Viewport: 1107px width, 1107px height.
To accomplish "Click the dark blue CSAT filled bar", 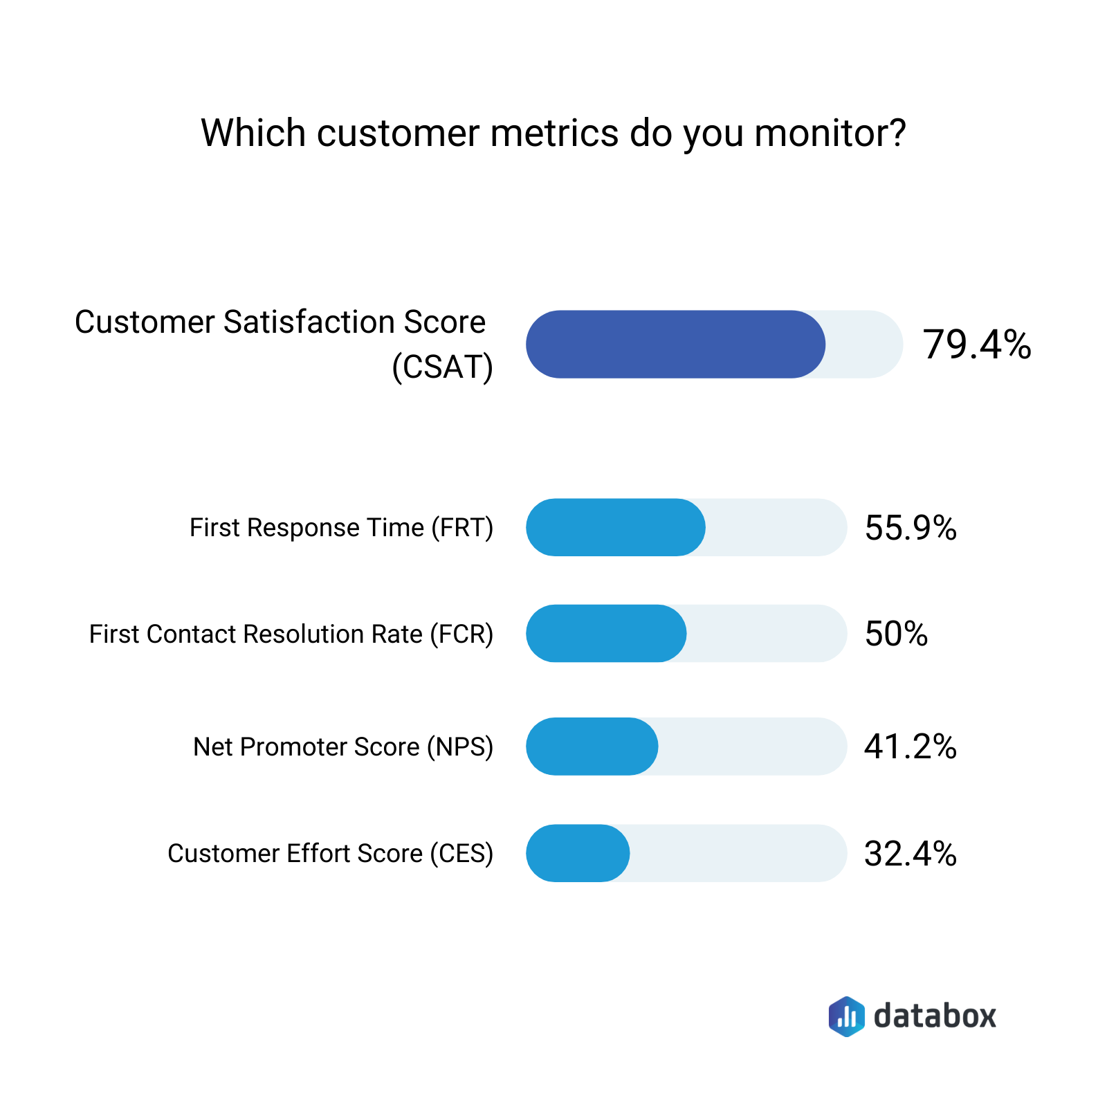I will [x=675, y=344].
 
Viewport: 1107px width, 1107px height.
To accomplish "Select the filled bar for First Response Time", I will [x=615, y=527].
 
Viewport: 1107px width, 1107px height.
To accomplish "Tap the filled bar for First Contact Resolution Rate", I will [x=605, y=634].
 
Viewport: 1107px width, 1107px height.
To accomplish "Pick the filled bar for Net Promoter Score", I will [x=592, y=747].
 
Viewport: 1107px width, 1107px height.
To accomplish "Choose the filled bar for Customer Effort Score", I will [x=578, y=853].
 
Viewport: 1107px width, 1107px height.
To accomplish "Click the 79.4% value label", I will [x=976, y=345].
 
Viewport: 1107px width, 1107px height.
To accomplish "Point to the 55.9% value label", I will [x=911, y=528].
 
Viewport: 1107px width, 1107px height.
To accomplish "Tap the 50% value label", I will [x=896, y=634].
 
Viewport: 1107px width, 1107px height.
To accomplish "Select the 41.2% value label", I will [x=911, y=747].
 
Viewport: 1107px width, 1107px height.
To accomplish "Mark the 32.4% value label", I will [x=911, y=854].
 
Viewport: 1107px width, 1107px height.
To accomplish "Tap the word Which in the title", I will [x=253, y=133].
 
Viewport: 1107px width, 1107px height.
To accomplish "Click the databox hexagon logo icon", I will [x=846, y=1016].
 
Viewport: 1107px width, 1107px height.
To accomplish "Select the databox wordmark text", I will [x=935, y=1016].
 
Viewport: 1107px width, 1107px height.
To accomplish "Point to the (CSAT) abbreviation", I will [x=443, y=367].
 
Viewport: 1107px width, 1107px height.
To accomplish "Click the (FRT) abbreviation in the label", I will [x=462, y=528].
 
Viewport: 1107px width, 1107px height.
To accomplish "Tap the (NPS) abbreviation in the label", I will [x=460, y=747].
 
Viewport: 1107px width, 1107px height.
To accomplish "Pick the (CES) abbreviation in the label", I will [x=461, y=854].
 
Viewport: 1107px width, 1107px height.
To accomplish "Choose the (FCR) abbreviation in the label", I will [x=461, y=634].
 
